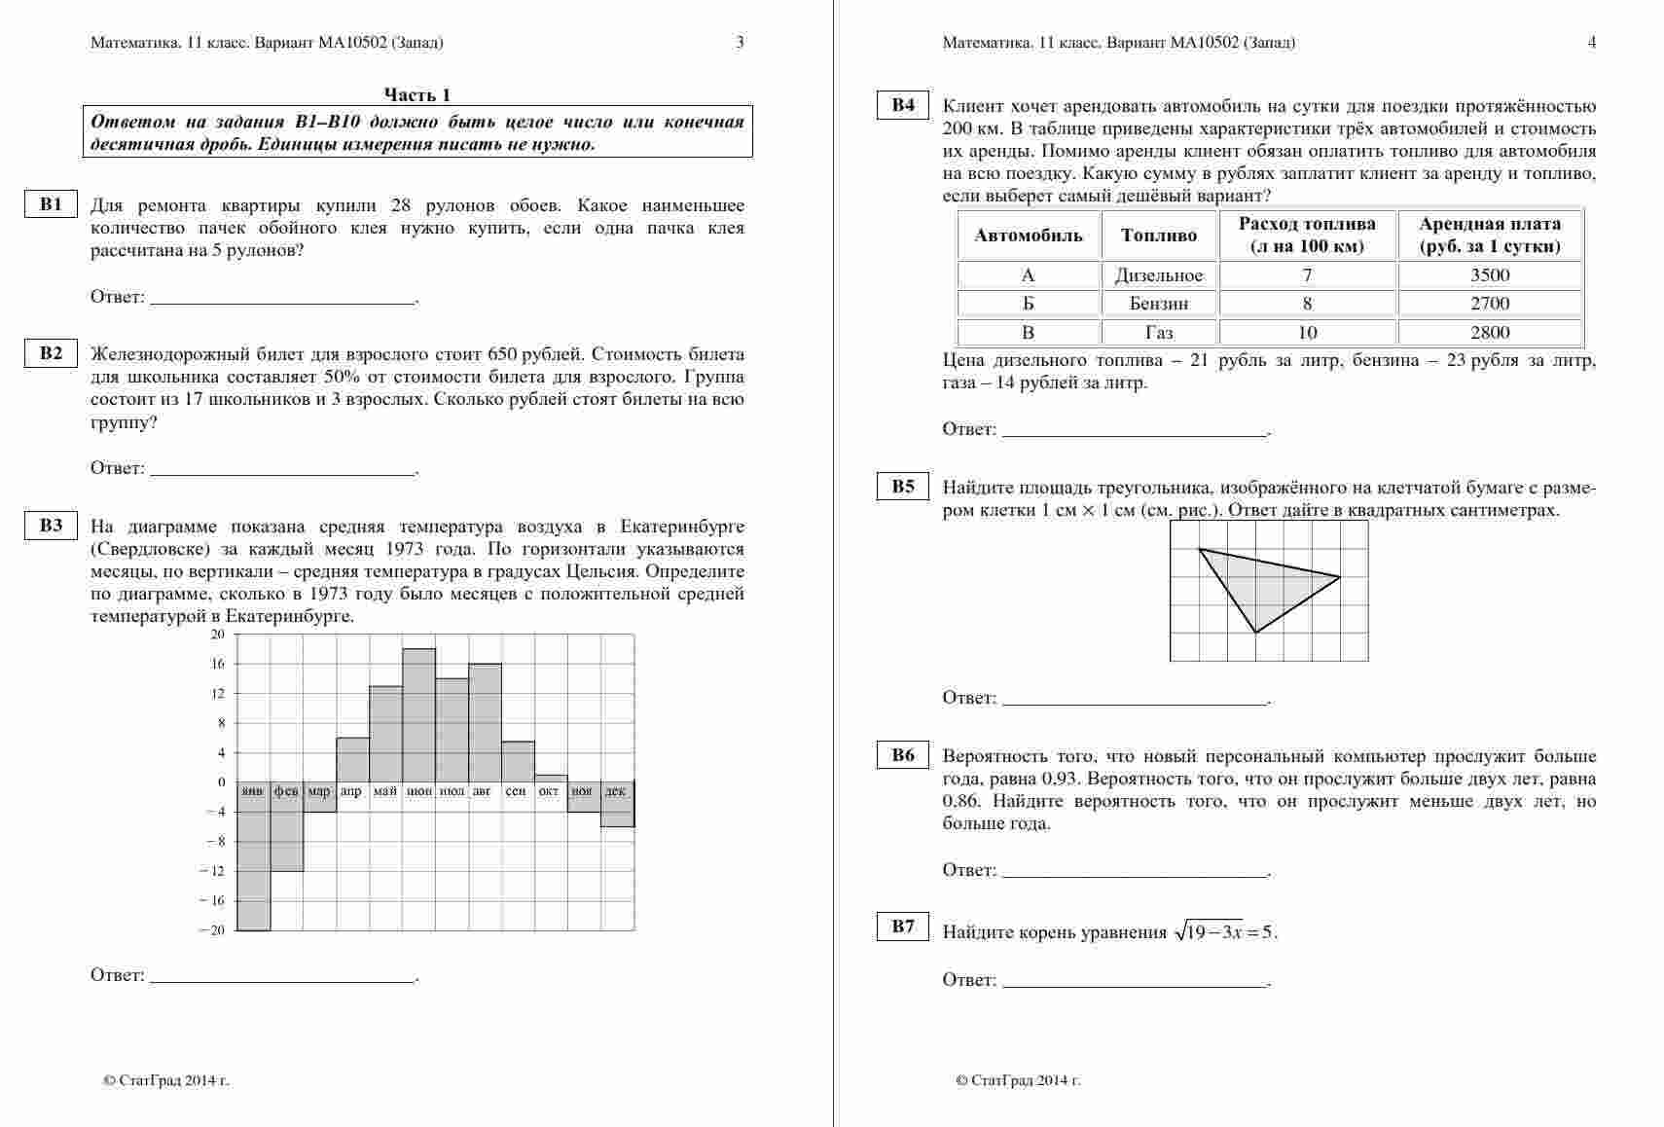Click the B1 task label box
51,204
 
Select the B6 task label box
903,755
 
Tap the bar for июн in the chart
419,715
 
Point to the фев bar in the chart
287,832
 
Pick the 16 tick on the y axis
218,664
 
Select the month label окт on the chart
549,791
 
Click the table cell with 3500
1490,275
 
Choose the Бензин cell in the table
1159,304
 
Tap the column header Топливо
1159,236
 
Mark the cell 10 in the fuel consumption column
1307,333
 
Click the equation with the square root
1225,932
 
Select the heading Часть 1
416,94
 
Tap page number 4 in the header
1592,42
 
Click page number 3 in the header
740,42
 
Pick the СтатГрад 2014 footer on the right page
1019,1080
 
